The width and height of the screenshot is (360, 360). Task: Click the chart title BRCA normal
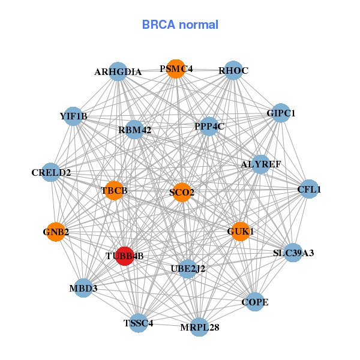click(180, 25)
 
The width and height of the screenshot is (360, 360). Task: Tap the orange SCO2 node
click(181, 192)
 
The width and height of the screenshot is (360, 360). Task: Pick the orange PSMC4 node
click(175, 69)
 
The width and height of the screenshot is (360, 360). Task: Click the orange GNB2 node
click(55, 232)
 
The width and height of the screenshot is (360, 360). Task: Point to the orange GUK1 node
click(240, 231)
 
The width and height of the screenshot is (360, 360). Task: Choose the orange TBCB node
click(113, 191)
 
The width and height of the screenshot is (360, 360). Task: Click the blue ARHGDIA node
click(118, 71)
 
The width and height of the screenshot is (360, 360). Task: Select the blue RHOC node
click(233, 70)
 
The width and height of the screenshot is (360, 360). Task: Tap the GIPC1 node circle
click(281, 113)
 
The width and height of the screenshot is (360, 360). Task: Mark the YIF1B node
click(73, 116)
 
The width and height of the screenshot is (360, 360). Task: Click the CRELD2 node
click(52, 173)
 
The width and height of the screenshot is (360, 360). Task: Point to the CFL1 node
click(308, 190)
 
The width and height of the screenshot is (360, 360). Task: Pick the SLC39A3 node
click(293, 253)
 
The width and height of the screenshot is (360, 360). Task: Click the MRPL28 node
click(200, 327)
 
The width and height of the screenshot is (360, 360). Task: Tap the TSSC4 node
click(138, 323)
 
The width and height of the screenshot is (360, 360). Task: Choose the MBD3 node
click(83, 288)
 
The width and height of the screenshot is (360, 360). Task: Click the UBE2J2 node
click(188, 268)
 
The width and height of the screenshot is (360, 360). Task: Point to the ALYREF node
click(260, 164)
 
